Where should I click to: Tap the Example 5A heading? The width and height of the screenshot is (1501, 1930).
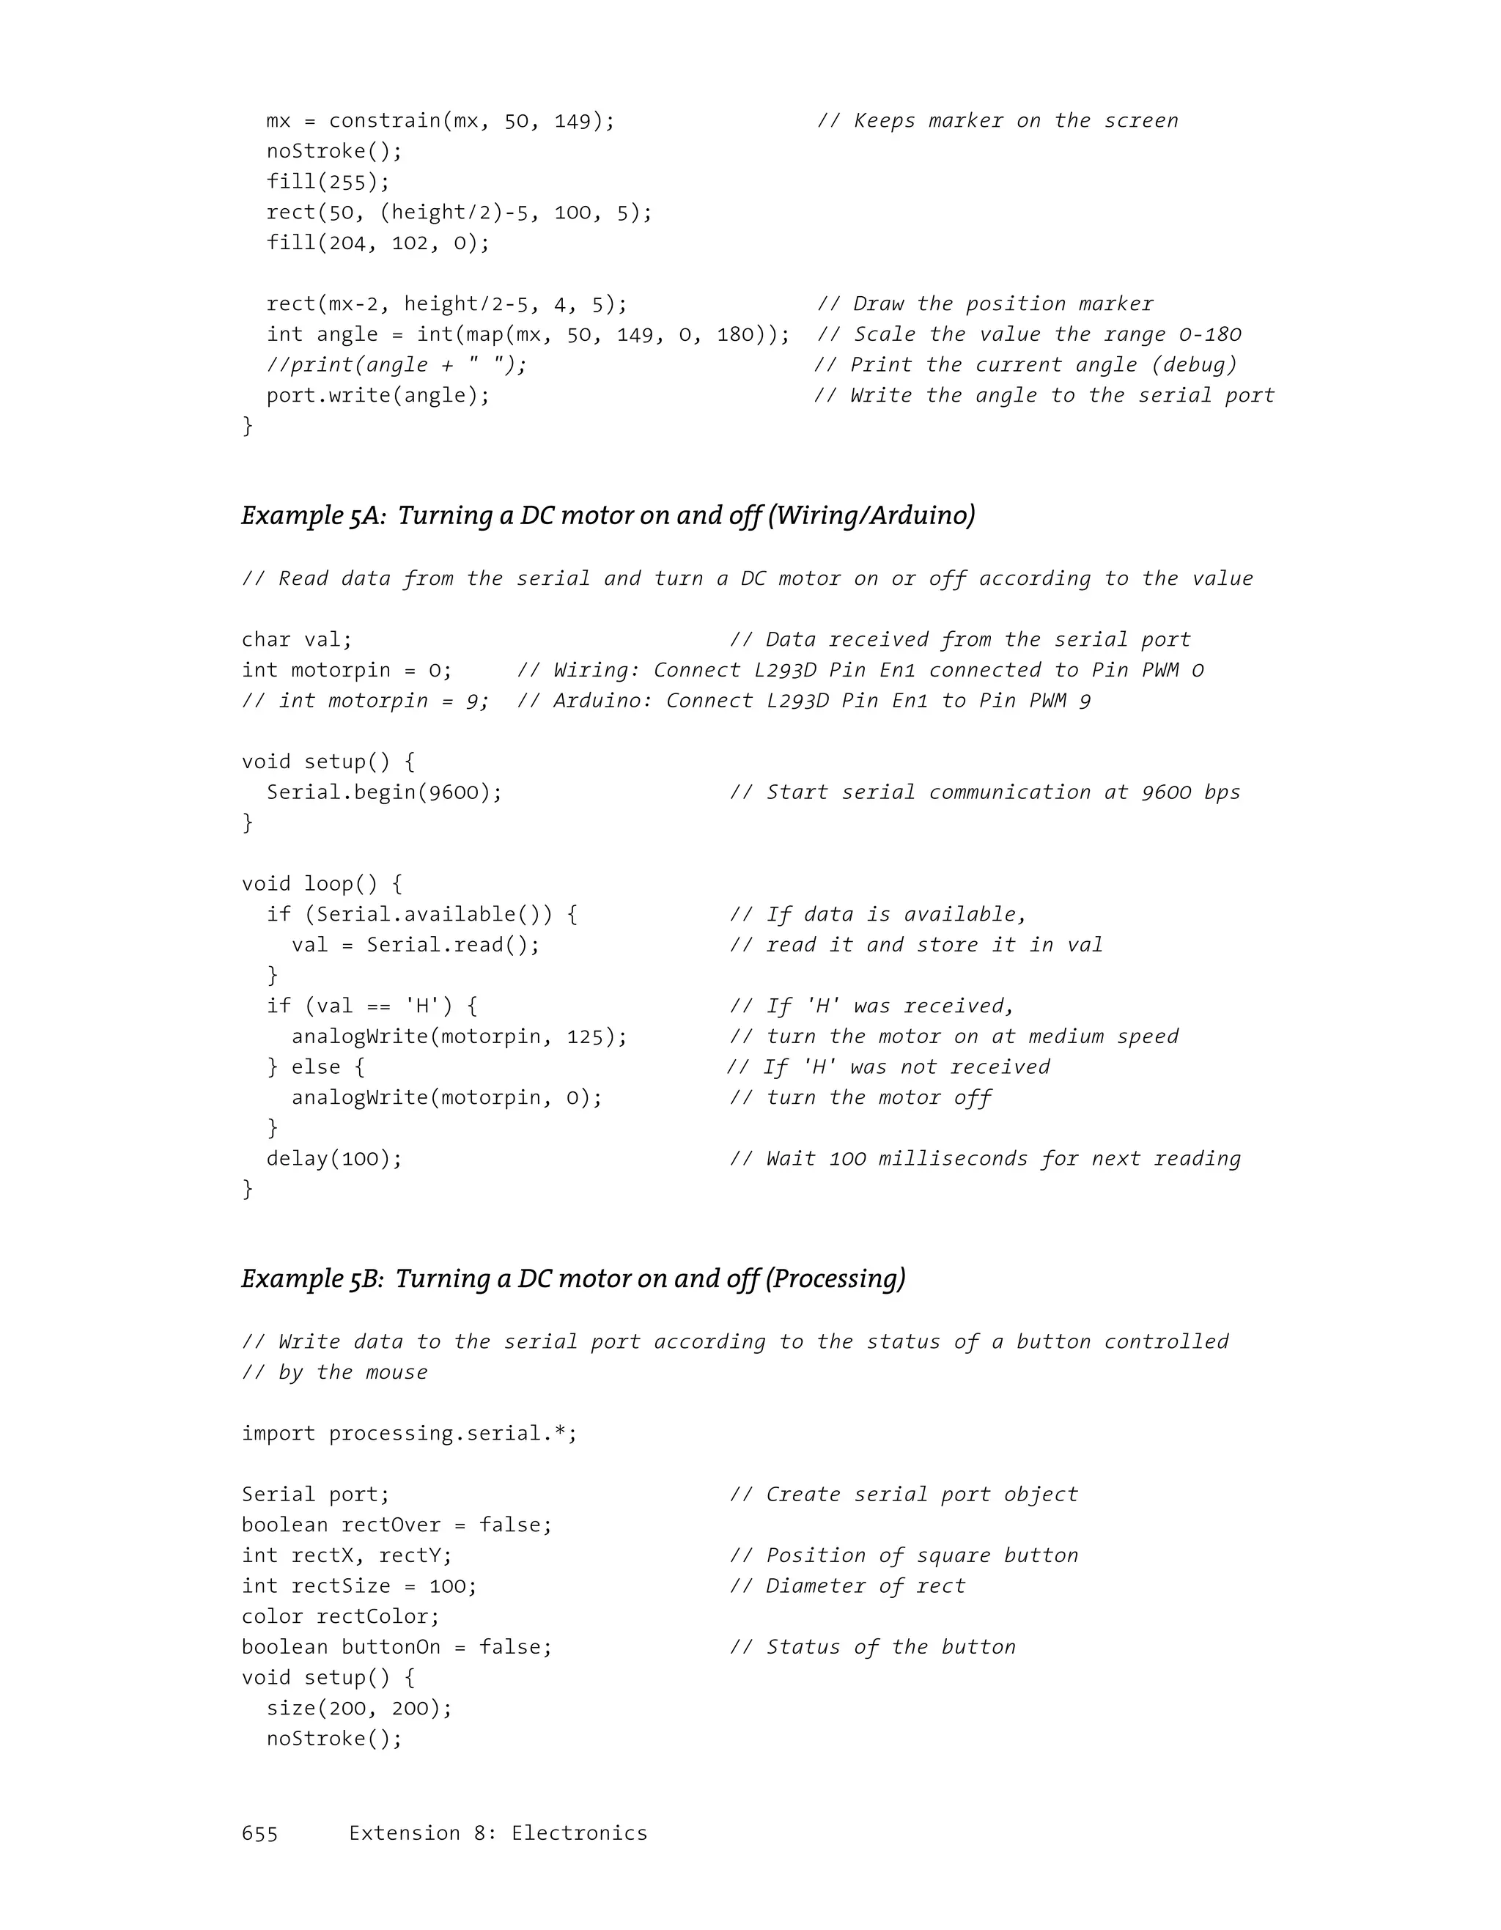coord(608,515)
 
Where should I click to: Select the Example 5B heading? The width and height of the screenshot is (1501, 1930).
coord(573,1278)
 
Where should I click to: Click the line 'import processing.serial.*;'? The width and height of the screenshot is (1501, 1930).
coord(409,1433)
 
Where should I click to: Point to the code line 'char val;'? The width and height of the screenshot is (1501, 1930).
coord(297,640)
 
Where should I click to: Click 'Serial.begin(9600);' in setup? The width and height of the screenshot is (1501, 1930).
coord(384,792)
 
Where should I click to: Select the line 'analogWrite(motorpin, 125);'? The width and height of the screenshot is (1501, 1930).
coord(460,1036)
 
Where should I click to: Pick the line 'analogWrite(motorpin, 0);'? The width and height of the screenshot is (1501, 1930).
coord(447,1097)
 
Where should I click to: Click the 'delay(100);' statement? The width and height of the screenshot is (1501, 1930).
coord(334,1159)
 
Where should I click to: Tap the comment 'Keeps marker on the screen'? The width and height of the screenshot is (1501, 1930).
coord(997,121)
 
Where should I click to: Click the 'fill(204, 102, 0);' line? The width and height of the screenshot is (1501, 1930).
coord(378,243)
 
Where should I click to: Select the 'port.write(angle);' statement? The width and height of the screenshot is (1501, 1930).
coord(378,396)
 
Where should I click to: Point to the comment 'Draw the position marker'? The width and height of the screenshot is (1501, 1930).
coord(985,304)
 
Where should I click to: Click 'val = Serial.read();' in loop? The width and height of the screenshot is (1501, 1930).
coord(416,945)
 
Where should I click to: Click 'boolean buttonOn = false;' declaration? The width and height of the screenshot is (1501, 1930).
coord(397,1647)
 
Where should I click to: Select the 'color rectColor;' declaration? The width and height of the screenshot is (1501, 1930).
coord(340,1616)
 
